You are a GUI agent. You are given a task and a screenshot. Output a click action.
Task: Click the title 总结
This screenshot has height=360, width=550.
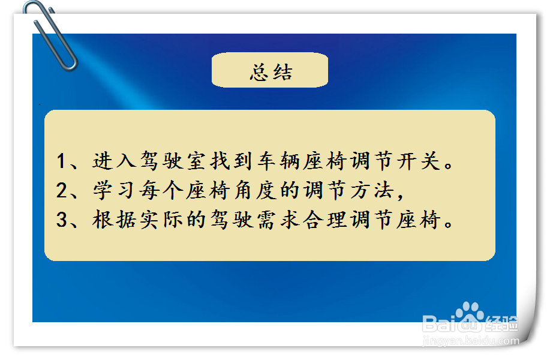tap(271, 73)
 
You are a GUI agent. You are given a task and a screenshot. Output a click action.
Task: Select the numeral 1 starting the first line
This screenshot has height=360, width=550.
tap(61, 161)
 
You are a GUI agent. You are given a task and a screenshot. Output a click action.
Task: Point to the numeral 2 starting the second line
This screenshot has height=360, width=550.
tap(61, 191)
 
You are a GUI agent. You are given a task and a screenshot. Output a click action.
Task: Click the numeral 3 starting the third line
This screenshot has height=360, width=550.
tap(61, 220)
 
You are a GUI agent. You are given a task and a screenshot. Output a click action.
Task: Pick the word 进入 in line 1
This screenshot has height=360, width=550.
tap(112, 161)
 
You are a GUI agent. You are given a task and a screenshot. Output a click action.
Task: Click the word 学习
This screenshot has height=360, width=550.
tap(112, 191)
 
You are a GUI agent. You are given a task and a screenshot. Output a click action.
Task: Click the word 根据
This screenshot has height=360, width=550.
tap(112, 220)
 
